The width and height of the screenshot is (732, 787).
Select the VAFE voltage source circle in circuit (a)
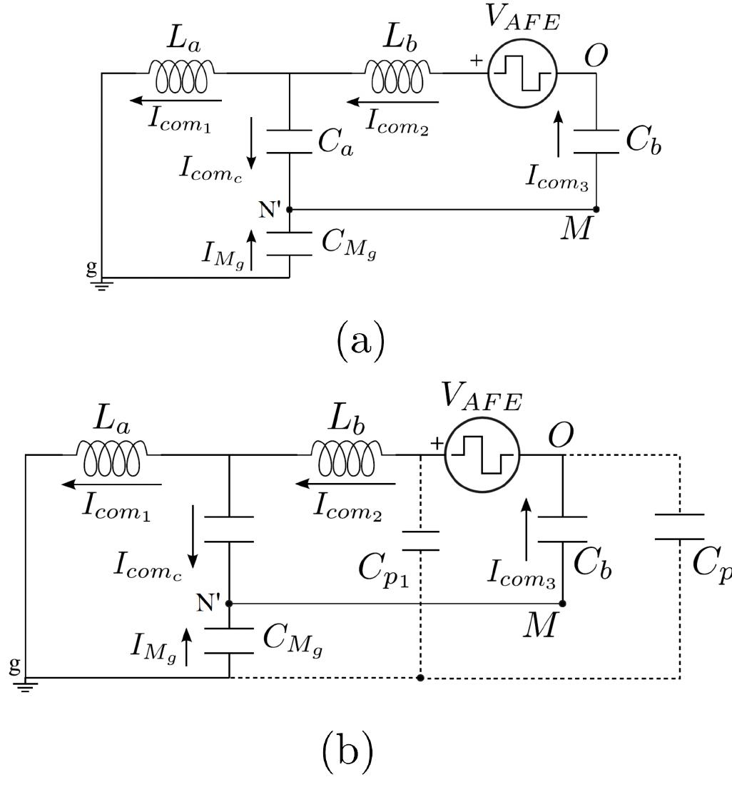click(x=522, y=73)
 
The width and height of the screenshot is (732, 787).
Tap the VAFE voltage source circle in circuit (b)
click(x=482, y=456)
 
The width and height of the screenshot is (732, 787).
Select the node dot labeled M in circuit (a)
click(x=596, y=209)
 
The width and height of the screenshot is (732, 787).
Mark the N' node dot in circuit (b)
click(x=229, y=603)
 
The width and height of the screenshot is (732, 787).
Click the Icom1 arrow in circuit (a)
click(x=176, y=101)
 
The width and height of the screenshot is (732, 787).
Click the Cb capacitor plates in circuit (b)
click(x=563, y=529)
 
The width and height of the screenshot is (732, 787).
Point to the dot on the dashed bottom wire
click(x=420, y=677)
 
